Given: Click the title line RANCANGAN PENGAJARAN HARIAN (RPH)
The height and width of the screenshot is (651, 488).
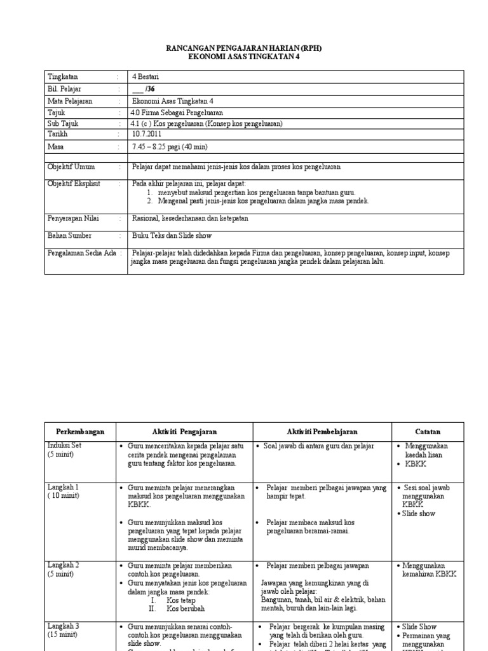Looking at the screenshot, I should [244, 48].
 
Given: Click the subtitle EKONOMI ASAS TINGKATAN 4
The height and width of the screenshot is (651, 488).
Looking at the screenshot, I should [244, 57].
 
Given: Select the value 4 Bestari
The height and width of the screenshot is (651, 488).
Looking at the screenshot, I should [146, 77].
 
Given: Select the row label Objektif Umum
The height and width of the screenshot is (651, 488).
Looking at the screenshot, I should [71, 167].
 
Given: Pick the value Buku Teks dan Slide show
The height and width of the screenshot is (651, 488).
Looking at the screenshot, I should [172, 236].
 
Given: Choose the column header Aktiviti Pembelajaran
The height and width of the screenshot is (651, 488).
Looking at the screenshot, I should [322, 432].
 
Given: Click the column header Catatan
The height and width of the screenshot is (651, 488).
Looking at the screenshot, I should [428, 432].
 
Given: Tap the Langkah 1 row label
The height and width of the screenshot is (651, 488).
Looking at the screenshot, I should [63, 487].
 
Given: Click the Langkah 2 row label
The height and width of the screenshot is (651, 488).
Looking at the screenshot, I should [63, 565].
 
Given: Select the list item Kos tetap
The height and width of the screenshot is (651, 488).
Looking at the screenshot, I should [180, 600].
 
